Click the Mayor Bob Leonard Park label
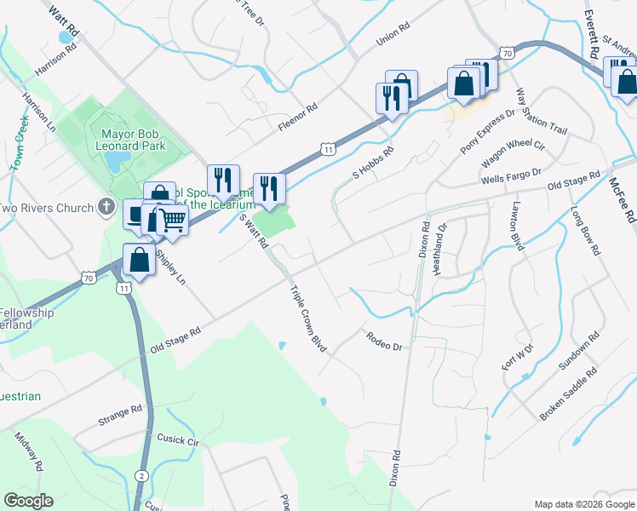point(134,140)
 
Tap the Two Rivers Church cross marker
point(106,207)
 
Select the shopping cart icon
point(172,221)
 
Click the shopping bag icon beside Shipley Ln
point(139,260)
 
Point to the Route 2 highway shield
point(141,474)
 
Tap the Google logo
point(28,501)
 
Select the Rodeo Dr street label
point(383,342)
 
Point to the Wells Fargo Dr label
point(511,176)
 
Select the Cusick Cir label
point(177,442)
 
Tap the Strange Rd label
point(120,416)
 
